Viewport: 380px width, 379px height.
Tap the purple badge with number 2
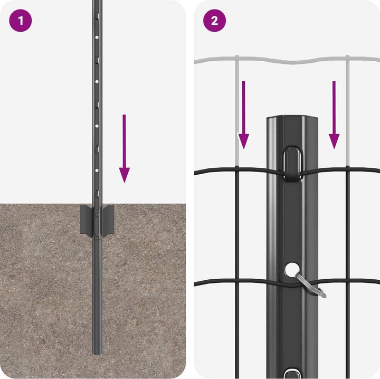215,21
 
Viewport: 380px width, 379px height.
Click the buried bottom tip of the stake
96,351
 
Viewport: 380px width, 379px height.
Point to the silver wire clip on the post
311,285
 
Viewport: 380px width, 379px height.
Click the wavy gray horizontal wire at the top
285,60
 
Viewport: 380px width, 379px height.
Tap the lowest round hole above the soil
96,171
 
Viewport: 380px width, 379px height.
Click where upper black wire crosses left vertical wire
237,169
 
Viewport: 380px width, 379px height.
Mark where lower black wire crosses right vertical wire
347,280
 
